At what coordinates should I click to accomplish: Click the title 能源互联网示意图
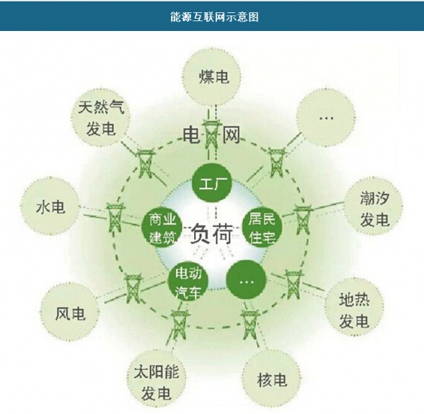tap(214, 17)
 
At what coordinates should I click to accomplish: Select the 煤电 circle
tap(212, 78)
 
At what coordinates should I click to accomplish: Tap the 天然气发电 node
tap(100, 118)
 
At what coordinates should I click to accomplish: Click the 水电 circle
tap(51, 207)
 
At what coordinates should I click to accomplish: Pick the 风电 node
tap(69, 312)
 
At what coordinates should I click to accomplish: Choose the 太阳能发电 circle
tap(156, 380)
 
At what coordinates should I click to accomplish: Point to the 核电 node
tap(272, 379)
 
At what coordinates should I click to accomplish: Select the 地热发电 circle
tap(354, 308)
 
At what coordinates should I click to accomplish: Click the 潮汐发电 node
tap(373, 207)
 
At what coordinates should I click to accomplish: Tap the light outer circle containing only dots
tap(325, 118)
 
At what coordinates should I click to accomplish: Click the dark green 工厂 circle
tap(212, 183)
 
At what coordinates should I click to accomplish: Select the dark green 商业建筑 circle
tap(162, 228)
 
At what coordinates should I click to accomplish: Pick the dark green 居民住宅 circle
tap(262, 227)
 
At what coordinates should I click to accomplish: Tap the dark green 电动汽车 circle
tap(188, 282)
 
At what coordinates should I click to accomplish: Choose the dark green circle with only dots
tap(246, 280)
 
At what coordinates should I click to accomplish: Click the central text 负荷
tap(212, 234)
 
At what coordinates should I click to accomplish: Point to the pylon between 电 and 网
tap(212, 135)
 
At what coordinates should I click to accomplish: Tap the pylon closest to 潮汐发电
tap(302, 220)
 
